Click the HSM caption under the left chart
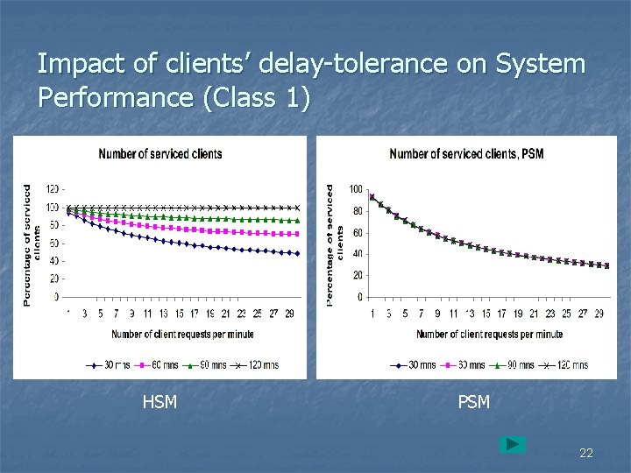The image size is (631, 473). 160,402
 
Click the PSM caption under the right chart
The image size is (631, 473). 474,402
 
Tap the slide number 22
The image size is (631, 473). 586,453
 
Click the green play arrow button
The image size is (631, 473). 513,444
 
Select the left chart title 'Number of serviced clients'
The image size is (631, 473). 160,154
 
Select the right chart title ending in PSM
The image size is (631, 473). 466,154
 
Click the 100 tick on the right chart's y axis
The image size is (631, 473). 356,189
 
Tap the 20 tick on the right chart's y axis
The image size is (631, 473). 358,276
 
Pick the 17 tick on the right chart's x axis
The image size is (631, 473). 501,313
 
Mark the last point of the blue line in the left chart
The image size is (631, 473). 298,253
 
